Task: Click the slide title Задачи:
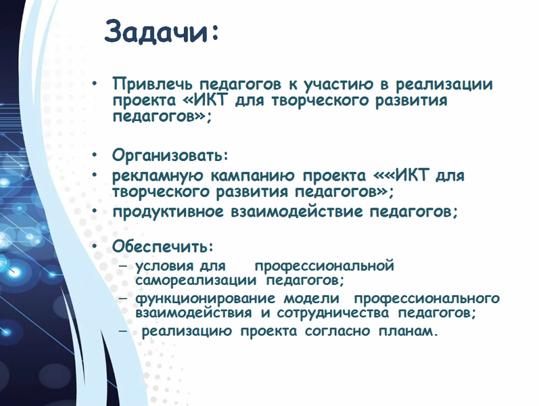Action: [162, 32]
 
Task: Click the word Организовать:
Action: [170, 155]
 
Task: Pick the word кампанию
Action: [253, 175]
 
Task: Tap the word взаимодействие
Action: [296, 211]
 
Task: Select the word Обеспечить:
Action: [163, 246]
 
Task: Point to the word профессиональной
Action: [324, 267]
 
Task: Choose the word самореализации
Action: [195, 280]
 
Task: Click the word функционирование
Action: [205, 298]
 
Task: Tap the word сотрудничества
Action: [333, 313]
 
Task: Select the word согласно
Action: [337, 332]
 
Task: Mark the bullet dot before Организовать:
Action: [95, 155]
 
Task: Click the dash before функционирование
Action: [124, 298]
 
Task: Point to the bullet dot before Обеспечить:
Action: [95, 246]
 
